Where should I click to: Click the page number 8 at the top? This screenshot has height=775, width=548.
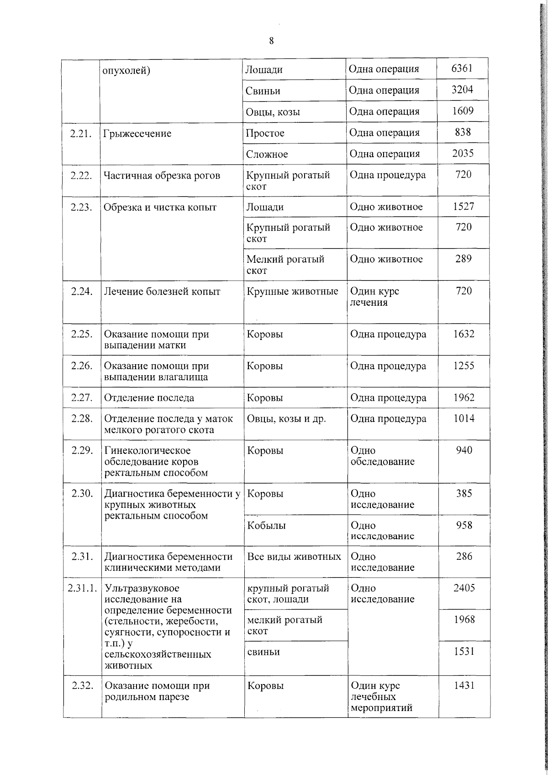click(271, 41)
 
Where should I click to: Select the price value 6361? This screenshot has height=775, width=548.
click(462, 69)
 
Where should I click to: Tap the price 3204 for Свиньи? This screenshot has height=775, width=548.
click(462, 90)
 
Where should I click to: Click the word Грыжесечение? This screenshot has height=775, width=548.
click(137, 134)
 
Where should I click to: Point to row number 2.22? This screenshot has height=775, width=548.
click(81, 175)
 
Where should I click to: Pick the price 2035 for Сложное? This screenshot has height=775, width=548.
click(463, 154)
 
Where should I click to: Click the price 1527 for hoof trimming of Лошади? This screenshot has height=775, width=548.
click(463, 207)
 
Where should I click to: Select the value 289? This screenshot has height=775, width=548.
click(464, 259)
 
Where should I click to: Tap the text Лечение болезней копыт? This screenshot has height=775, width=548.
click(162, 292)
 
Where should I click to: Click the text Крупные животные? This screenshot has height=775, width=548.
click(292, 292)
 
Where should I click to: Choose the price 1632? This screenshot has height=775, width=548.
click(464, 334)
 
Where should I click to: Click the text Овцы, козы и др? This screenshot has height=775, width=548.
click(286, 419)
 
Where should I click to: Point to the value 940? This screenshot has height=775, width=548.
click(464, 451)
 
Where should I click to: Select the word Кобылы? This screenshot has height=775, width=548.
click(266, 526)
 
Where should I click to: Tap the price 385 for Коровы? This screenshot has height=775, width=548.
click(464, 494)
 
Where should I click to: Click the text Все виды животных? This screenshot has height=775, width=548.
click(294, 557)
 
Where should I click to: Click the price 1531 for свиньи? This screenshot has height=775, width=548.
click(464, 652)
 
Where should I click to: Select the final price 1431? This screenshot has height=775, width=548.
click(464, 685)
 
